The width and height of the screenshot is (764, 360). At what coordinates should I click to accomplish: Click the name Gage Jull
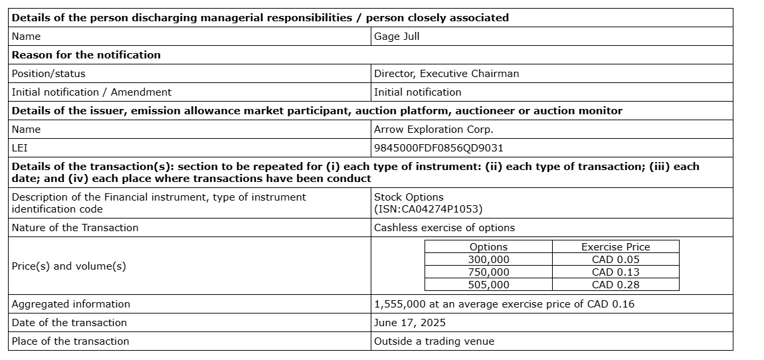[x=397, y=37]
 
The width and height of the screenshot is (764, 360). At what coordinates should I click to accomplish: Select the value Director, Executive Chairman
[x=446, y=74]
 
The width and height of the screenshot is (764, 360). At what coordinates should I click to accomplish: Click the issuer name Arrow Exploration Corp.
[x=433, y=130]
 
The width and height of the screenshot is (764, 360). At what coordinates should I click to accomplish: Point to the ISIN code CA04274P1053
[x=428, y=209]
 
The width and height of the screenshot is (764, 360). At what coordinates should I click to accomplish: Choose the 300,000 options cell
[x=488, y=260]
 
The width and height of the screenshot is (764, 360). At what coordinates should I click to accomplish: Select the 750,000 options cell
[x=488, y=272]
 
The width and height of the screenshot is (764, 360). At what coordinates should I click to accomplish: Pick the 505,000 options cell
[x=488, y=285]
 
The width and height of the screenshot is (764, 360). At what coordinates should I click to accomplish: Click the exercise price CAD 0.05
[x=615, y=260]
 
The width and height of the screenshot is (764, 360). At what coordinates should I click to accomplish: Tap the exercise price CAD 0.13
[x=615, y=272]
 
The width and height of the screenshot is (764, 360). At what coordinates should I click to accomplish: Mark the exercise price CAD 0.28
[x=615, y=285]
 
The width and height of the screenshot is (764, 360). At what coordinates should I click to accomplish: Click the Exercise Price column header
[x=615, y=247]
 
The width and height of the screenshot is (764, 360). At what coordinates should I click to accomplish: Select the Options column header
[x=488, y=247]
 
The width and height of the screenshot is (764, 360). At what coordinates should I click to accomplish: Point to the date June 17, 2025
[x=410, y=323]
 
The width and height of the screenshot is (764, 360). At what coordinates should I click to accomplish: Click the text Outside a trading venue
[x=434, y=341]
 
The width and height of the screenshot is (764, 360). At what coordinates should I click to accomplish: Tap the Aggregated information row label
[x=71, y=304]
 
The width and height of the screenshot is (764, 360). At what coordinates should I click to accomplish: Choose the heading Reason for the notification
[x=86, y=55]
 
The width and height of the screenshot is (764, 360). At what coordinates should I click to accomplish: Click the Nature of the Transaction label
[x=75, y=228]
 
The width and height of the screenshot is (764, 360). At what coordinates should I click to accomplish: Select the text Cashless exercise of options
[x=444, y=228]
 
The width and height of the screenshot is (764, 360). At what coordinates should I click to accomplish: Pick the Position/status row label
[x=48, y=74]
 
